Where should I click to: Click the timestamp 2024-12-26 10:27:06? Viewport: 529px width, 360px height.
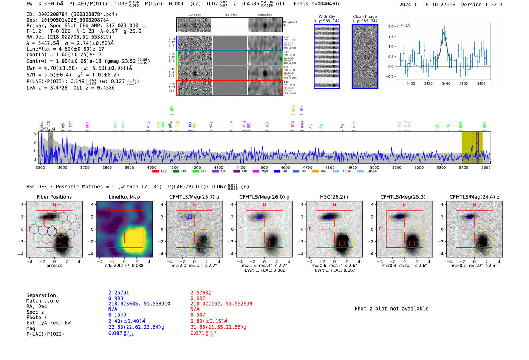427,5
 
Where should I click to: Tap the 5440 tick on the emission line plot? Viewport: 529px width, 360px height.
446,83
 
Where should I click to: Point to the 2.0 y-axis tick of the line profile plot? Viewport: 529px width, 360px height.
391,26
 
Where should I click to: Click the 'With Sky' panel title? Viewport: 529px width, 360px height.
327,17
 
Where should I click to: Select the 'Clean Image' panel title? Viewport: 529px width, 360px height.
365,17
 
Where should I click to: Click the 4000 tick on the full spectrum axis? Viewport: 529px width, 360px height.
152,167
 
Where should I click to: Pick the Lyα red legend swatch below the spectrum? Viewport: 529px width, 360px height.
155,171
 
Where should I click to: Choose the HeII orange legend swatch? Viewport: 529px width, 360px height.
315,171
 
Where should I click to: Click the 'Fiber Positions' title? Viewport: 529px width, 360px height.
54,197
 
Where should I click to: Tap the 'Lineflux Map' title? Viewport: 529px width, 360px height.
124,197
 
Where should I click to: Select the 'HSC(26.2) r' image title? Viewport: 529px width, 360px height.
334,197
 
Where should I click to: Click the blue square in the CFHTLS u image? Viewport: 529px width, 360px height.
189,216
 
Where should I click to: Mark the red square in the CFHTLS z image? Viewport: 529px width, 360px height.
482,243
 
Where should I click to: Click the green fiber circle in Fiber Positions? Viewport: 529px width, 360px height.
57,224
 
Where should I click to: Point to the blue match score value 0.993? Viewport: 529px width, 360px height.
116,298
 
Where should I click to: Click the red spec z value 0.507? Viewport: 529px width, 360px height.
198,314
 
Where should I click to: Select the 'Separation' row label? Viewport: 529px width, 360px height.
41,295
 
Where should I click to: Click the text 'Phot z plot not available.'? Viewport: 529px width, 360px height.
393,309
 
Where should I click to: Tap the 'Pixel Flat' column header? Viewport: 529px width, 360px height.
230,15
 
